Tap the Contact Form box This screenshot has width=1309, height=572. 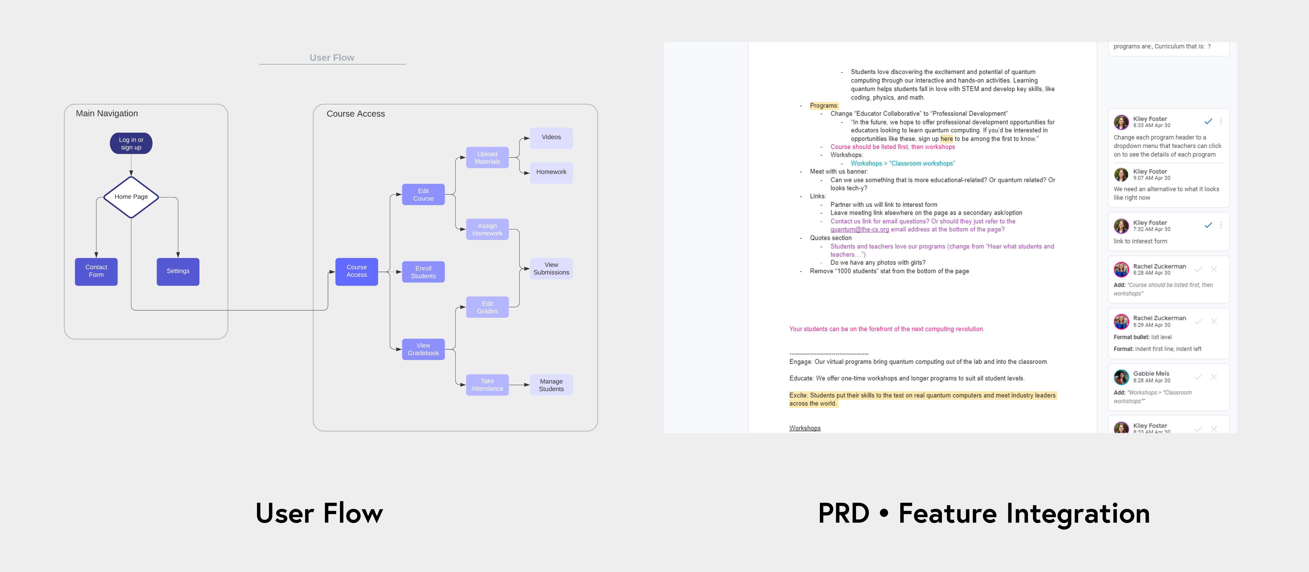[96, 271]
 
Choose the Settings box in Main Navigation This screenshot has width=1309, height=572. [178, 271]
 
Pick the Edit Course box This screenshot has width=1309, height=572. [423, 194]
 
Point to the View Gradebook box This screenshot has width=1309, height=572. [423, 350]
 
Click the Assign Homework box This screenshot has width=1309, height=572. [487, 230]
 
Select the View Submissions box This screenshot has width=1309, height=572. [551, 269]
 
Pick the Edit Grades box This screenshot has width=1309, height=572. [487, 307]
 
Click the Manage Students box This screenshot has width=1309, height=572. [551, 385]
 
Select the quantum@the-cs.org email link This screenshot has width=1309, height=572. [859, 230]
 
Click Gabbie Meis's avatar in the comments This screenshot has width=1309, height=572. [1121, 377]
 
